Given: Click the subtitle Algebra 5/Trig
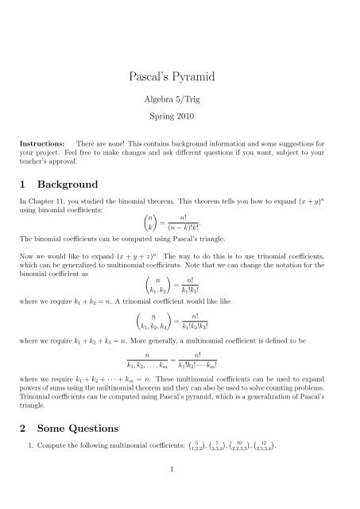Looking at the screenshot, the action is [x=180, y=103].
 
